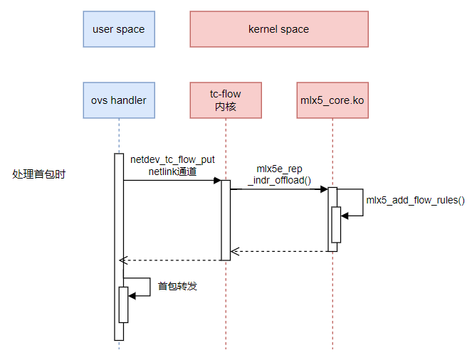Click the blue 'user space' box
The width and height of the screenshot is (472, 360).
(118, 29)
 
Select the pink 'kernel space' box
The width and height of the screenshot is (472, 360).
(278, 29)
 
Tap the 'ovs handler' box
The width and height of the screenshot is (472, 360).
(118, 100)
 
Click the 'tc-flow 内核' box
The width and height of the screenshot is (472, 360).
(225, 100)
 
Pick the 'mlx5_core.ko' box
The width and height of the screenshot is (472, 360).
(332, 100)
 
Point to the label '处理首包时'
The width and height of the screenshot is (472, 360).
(39, 174)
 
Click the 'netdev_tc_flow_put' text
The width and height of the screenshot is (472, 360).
(172, 159)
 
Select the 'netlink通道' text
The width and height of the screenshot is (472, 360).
(172, 171)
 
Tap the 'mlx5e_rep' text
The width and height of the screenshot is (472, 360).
(279, 169)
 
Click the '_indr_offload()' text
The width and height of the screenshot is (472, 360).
(279, 181)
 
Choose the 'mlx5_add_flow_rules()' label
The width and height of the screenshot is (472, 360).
(415, 200)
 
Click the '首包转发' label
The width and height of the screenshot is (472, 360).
(177, 286)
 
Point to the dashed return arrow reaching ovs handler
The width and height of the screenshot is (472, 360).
(171, 260)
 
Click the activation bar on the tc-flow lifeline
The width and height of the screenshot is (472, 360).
(226, 221)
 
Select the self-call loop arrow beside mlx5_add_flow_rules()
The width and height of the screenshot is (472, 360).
(356, 203)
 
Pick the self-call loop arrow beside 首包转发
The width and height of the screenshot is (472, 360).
(142, 287)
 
